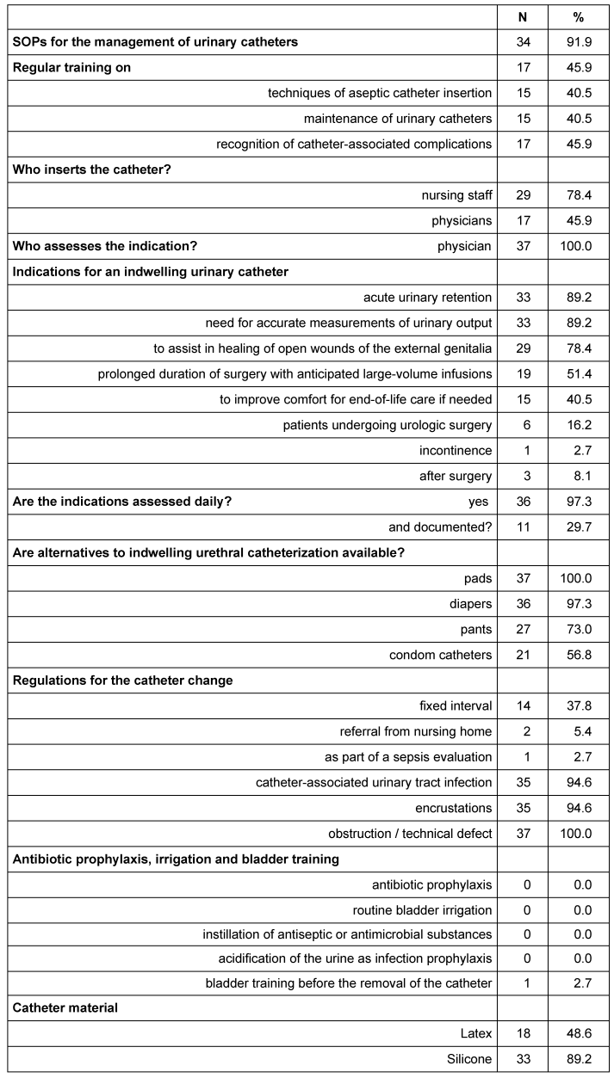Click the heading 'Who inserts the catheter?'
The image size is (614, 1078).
pos(91,169)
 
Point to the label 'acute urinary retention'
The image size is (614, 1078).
pos(427,298)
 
